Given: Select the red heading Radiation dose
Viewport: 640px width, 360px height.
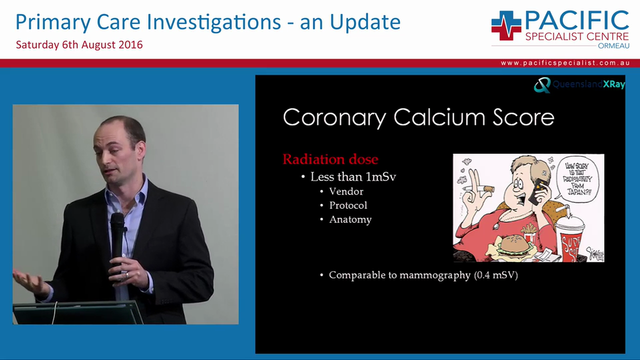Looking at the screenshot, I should [330, 159].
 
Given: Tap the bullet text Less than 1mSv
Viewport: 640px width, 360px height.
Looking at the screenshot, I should [353, 176].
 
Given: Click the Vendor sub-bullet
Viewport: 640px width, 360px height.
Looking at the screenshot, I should [346, 191].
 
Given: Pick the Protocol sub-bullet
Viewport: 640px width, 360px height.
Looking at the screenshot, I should [348, 205].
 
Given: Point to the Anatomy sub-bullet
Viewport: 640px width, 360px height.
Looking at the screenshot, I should [350, 219].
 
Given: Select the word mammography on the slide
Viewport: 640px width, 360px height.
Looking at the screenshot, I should [434, 275].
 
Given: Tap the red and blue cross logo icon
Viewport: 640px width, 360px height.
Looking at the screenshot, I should [506, 25].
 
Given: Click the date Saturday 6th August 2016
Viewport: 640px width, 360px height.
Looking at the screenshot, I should [79, 44].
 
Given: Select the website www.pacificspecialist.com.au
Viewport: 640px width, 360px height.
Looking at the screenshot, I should [564, 63].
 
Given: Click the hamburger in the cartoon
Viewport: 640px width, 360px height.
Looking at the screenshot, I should [514, 245].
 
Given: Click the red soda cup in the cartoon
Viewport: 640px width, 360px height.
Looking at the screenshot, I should [569, 239].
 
